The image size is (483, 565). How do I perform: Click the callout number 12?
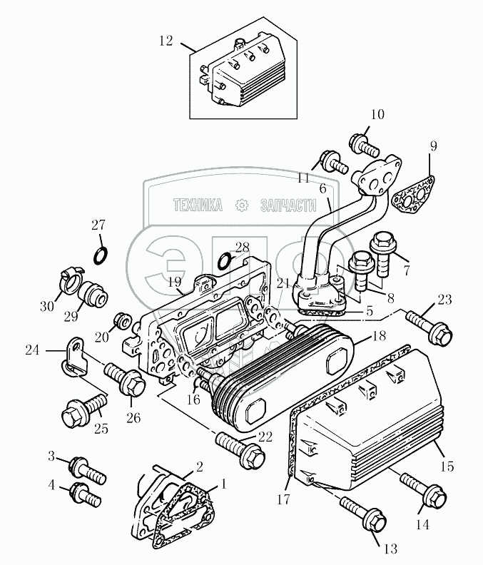pyautogui.click(x=166, y=41)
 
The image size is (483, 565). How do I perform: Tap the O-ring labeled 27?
pyautogui.click(x=100, y=255)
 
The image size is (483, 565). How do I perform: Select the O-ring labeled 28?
pyautogui.click(x=225, y=260)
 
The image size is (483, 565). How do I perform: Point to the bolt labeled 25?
pyautogui.click(x=83, y=411)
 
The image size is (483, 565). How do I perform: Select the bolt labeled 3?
pyautogui.click(x=88, y=469)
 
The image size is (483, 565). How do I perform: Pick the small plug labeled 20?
pyautogui.click(x=121, y=320)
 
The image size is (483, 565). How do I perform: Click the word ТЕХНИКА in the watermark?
pyautogui.click(x=198, y=205)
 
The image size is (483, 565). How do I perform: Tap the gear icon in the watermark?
pyautogui.click(x=242, y=205)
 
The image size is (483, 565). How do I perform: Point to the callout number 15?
pyautogui.click(x=447, y=466)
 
